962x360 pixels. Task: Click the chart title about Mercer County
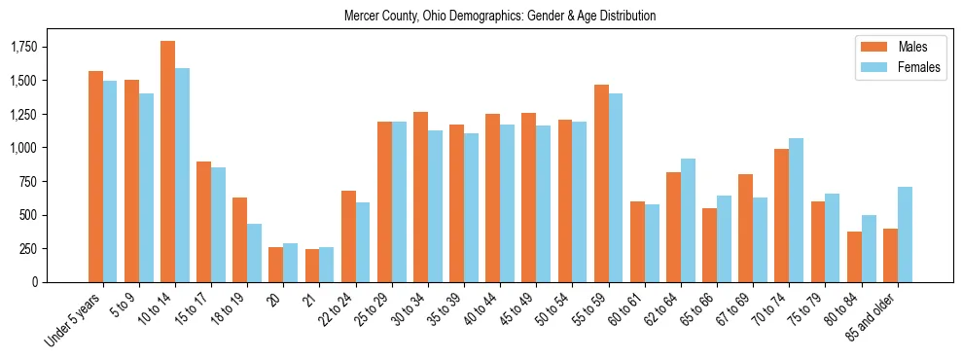click(500, 17)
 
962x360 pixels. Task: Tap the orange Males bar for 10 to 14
click(167, 162)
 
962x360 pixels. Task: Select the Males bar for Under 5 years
click(95, 176)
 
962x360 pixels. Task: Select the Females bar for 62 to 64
click(688, 220)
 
